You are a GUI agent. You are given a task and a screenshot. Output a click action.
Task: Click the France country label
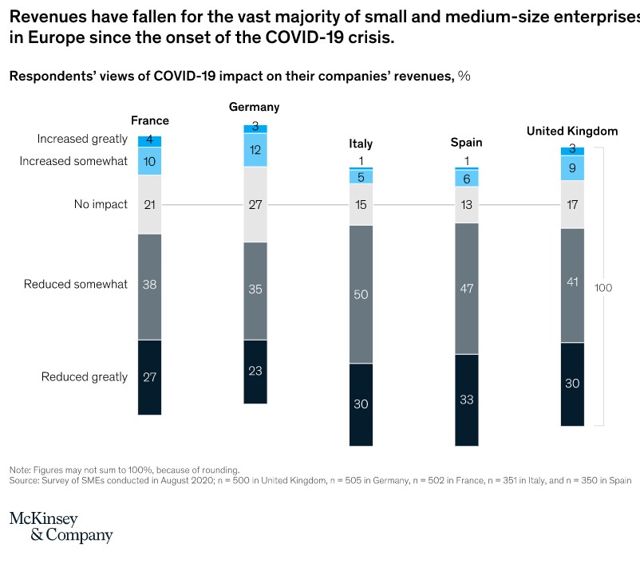click(150, 120)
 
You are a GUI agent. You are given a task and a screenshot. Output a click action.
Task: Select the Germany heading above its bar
click(254, 107)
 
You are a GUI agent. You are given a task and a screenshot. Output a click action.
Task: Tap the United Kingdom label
click(571, 131)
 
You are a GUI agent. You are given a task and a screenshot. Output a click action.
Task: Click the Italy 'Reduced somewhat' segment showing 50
click(361, 294)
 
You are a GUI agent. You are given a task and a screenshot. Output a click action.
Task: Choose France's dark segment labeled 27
click(149, 377)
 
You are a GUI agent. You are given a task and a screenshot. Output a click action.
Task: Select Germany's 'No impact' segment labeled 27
click(255, 204)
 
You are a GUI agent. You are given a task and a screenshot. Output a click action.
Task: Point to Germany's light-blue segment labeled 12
click(255, 150)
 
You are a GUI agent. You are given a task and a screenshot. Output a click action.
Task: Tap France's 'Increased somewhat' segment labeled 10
click(149, 161)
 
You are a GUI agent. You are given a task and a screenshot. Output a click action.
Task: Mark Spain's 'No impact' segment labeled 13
click(466, 205)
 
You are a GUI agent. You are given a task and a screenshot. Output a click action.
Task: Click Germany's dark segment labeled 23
click(255, 372)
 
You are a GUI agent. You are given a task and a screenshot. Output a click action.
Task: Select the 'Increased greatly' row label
click(82, 139)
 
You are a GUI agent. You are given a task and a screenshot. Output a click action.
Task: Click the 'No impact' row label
click(101, 204)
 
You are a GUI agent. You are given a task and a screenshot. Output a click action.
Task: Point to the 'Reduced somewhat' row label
click(76, 284)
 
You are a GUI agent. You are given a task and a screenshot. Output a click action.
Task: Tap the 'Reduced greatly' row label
click(85, 376)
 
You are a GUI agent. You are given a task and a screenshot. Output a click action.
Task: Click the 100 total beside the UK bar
click(603, 288)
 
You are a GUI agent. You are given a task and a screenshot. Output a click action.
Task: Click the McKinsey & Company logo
click(61, 527)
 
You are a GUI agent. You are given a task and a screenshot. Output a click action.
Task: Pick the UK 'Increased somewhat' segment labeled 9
click(572, 168)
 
